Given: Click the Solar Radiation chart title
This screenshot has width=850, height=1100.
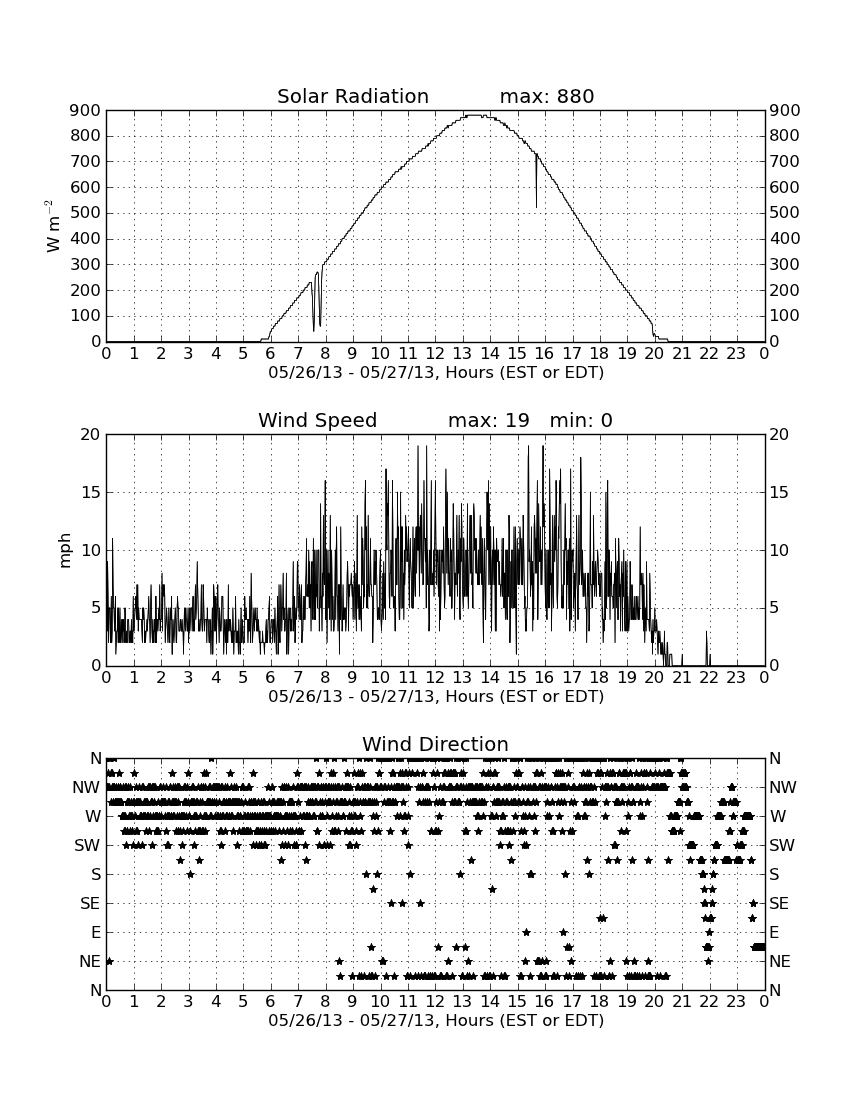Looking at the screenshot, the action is [353, 96].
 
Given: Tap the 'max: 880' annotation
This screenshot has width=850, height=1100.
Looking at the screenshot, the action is [547, 96].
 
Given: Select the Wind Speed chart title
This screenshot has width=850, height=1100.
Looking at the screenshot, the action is [318, 420].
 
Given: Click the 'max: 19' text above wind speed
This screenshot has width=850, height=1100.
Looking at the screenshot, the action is [488, 420].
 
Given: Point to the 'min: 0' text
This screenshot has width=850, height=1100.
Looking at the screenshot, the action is [581, 420].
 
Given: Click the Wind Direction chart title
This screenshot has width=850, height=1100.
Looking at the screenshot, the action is [436, 744].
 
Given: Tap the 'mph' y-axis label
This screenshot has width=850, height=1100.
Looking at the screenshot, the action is [65, 550].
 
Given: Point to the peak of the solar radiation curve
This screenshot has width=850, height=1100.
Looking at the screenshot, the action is [474, 115].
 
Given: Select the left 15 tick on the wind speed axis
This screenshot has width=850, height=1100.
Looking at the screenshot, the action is [91, 492].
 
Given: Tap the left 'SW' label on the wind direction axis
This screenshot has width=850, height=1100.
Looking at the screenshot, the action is [87, 845].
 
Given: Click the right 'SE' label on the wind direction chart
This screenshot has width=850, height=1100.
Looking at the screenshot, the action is [778, 904].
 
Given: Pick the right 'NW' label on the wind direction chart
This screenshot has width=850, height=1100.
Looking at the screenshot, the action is [783, 787].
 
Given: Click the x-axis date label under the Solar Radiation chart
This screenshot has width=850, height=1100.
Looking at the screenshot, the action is [436, 373].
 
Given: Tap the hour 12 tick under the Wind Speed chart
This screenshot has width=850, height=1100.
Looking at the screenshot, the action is [435, 678].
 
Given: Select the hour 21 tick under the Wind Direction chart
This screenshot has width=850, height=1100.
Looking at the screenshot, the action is [682, 1002].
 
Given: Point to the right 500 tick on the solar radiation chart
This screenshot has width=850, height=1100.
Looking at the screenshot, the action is [785, 213].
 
